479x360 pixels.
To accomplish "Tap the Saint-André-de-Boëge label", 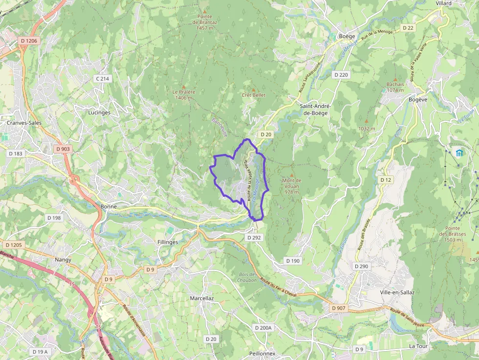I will [x=315, y=109].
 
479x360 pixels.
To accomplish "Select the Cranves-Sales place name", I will [x=24, y=123].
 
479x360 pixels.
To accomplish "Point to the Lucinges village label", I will [x=99, y=112].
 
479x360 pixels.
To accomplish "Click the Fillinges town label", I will [x=168, y=242].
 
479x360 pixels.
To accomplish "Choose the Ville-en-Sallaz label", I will [x=397, y=292].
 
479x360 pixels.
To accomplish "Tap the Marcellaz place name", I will [x=202, y=298].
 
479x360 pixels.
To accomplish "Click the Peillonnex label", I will [x=262, y=353].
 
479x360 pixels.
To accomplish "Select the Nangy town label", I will [x=63, y=260].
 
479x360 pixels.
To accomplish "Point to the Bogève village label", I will [x=418, y=99].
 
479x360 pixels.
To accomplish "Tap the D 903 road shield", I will [x=63, y=149].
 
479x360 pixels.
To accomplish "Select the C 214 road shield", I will [x=102, y=78].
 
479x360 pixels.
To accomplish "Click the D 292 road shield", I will [x=254, y=237].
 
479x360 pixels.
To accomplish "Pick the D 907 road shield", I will [x=338, y=308].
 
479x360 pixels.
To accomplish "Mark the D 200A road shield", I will [x=263, y=328].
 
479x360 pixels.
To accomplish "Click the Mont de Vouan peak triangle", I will [x=292, y=175].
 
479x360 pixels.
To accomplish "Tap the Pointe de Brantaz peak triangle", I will [x=205, y=11].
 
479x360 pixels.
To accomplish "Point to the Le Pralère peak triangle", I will [x=184, y=86].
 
